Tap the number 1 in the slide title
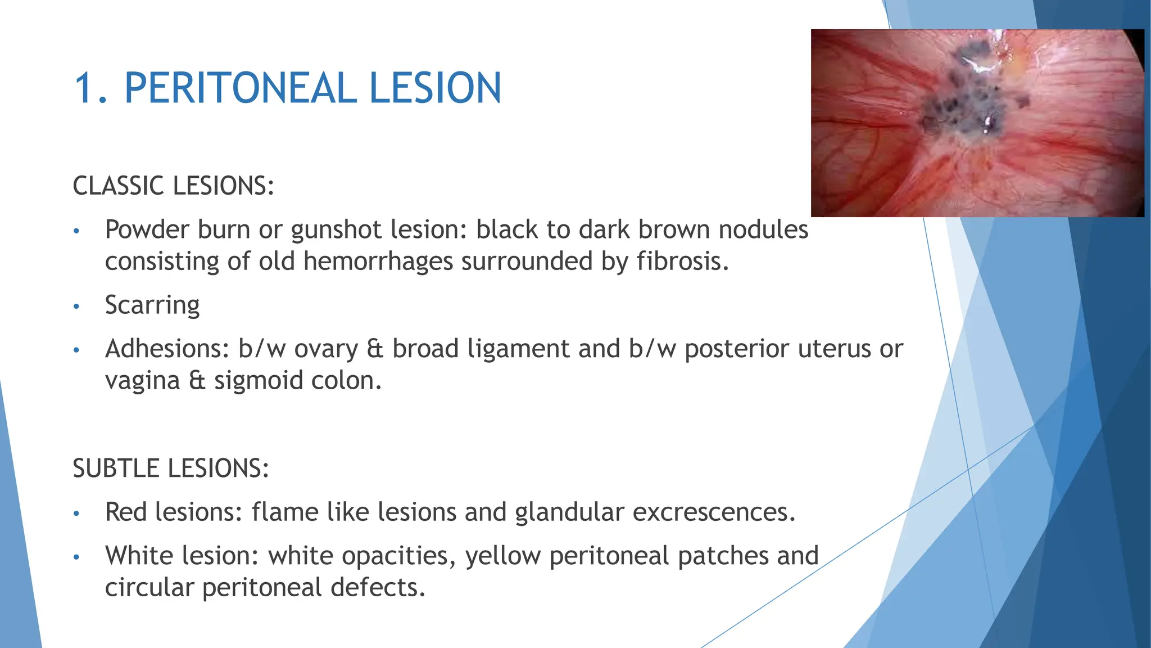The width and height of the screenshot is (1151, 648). (x=85, y=88)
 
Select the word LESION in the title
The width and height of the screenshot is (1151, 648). (x=435, y=88)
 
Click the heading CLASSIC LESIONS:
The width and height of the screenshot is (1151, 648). (x=173, y=186)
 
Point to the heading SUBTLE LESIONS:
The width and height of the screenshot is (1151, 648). (x=171, y=469)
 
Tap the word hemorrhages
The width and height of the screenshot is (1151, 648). (x=378, y=262)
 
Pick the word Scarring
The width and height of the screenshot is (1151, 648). (x=152, y=305)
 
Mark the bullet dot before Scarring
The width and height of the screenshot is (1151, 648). (x=77, y=307)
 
